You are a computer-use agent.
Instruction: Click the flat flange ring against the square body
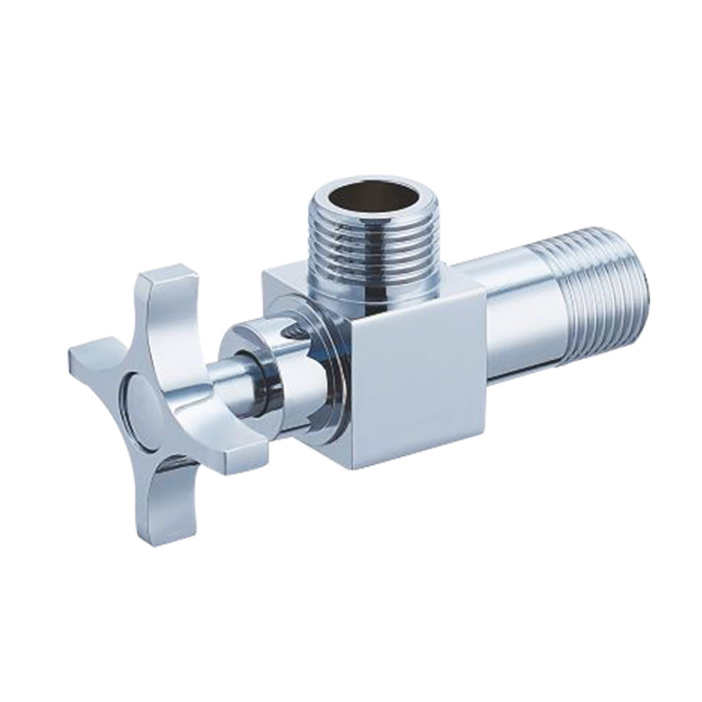325,369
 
